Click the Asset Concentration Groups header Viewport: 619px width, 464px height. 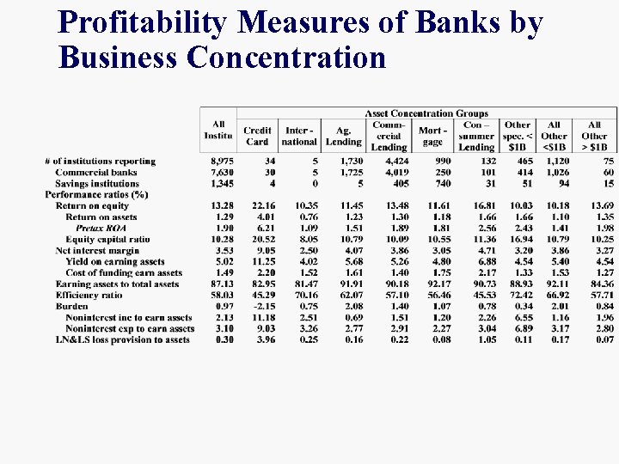coord(426,113)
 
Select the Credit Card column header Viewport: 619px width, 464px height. coord(257,137)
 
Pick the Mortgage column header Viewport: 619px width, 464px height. coord(432,137)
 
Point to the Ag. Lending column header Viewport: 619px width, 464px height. coord(343,137)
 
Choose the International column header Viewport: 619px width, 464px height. coord(299,137)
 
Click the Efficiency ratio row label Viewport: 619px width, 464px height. coord(89,295)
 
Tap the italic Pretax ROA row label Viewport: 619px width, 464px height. coord(101,229)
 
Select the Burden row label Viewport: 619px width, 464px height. coord(72,306)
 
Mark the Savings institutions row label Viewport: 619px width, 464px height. coord(96,184)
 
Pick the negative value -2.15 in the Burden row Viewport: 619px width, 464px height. coord(262,306)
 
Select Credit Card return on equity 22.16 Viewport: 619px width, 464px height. coord(263,206)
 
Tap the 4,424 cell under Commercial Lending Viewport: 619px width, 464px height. coord(395,162)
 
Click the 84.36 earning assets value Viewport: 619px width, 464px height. coord(601,284)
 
